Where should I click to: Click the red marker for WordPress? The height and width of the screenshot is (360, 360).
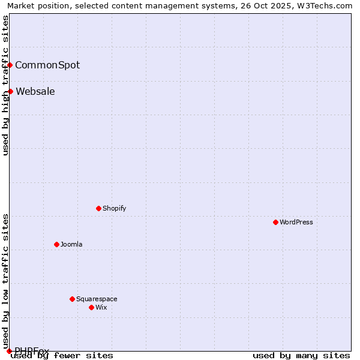(275, 222)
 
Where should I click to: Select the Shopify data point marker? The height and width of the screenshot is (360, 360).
(98, 208)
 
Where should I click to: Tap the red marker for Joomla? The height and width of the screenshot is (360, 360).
(56, 244)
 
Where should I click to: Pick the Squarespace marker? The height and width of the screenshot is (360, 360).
(72, 299)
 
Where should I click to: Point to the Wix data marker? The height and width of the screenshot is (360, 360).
(91, 307)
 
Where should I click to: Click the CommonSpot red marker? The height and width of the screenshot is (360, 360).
(10, 65)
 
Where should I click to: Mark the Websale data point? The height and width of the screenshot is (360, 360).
(10, 91)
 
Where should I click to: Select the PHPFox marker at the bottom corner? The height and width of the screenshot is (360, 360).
(9, 351)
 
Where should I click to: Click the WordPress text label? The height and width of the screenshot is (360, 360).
(296, 222)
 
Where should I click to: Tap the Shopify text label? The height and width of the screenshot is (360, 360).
(114, 208)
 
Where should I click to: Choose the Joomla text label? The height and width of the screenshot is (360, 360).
(71, 244)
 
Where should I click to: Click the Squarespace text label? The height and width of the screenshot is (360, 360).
(97, 299)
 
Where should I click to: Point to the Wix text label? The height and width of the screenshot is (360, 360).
(101, 307)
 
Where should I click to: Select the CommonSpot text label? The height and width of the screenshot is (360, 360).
(47, 65)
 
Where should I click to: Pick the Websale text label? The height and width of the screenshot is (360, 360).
(35, 91)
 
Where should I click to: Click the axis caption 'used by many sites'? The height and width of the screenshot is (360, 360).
(301, 356)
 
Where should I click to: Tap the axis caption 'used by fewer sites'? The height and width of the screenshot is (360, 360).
(62, 356)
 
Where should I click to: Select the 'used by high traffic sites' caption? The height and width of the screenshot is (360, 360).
(6, 85)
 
